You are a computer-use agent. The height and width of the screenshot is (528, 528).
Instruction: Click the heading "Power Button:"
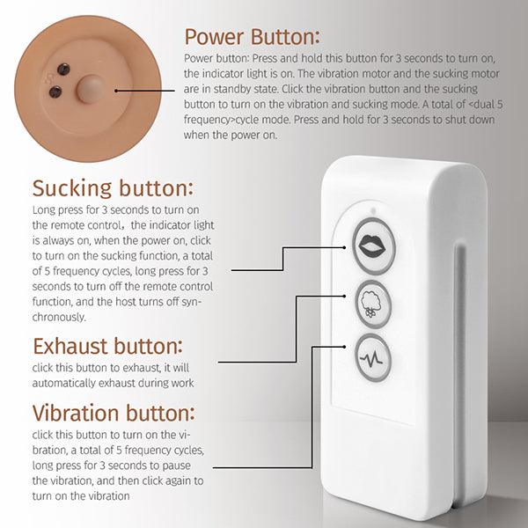[x=252, y=37]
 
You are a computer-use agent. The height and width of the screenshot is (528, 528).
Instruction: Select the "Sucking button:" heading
[x=114, y=188]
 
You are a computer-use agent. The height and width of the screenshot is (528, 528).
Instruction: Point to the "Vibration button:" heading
[x=114, y=413]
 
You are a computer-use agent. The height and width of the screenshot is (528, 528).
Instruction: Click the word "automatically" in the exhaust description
[x=68, y=383]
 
